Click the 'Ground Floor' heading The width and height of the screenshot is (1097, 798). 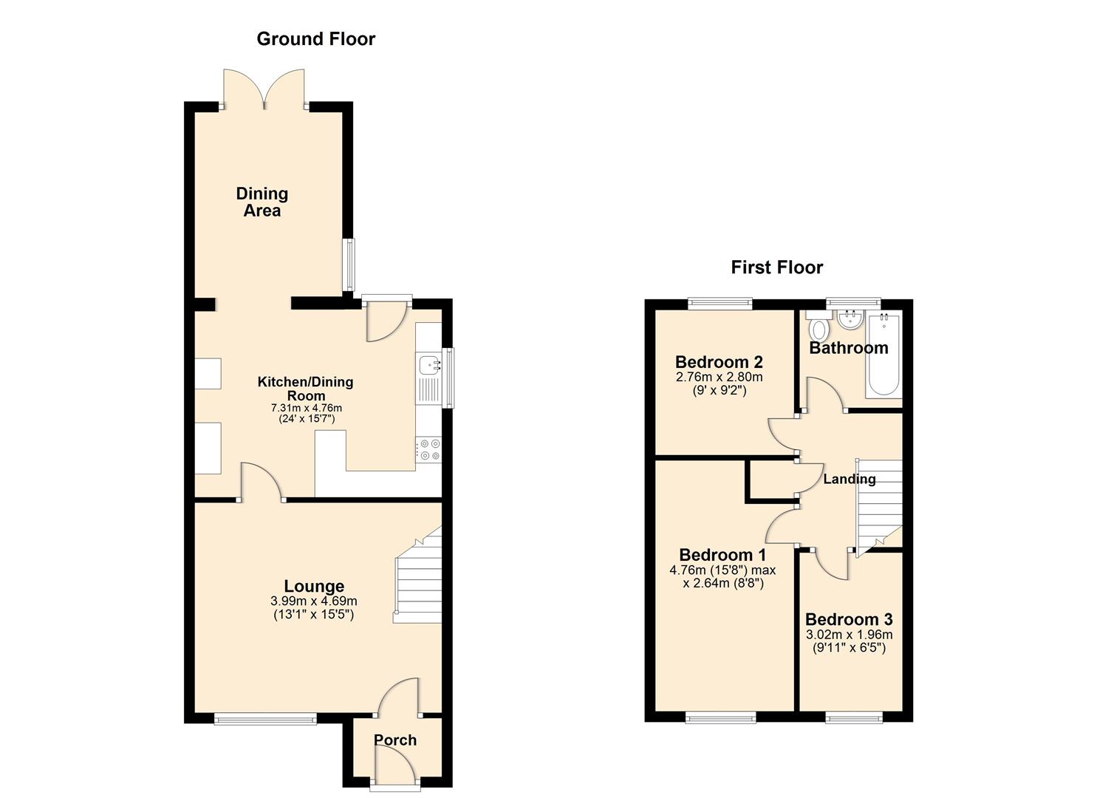pyautogui.click(x=315, y=39)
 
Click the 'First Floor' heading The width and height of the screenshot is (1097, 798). pyautogui.click(x=776, y=267)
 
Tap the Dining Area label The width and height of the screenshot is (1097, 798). pyautogui.click(x=262, y=202)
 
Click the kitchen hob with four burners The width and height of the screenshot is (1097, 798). pyautogui.click(x=429, y=450)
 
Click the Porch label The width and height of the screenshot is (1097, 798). pyautogui.click(x=394, y=740)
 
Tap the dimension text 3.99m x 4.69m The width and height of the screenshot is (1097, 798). pyautogui.click(x=314, y=601)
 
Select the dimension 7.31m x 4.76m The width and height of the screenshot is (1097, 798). pyautogui.click(x=306, y=408)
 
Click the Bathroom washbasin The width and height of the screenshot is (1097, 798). pyautogui.click(x=851, y=320)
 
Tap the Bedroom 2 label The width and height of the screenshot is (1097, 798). pyautogui.click(x=719, y=362)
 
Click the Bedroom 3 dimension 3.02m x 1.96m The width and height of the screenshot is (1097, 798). pyautogui.click(x=849, y=635)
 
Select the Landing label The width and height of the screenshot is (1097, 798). pyautogui.click(x=849, y=479)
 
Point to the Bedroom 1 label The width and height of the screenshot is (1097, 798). pyautogui.click(x=722, y=555)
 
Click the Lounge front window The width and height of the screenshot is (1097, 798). pyautogui.click(x=265, y=718)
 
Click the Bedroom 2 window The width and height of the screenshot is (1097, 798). pyautogui.click(x=720, y=301)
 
